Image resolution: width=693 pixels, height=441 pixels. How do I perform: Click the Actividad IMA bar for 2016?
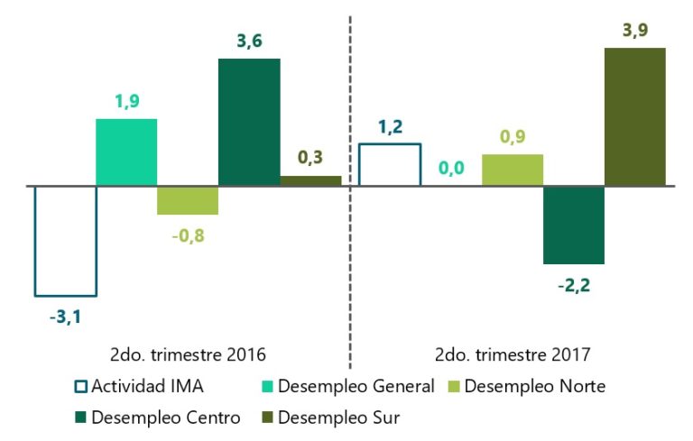coord(65,240)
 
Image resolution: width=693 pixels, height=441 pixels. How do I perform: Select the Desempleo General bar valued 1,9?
coord(126,152)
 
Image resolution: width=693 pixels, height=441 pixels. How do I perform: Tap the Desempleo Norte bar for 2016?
coord(188,200)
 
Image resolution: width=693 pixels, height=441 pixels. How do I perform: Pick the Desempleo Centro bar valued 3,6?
coord(249,123)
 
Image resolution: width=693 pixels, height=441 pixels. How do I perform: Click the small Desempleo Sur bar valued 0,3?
coord(310,181)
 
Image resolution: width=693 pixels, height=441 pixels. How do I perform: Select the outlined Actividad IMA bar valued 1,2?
coord(390,165)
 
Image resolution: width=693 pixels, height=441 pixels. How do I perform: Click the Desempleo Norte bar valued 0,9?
coord(513,170)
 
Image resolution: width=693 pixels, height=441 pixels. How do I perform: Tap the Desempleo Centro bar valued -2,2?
coord(574,225)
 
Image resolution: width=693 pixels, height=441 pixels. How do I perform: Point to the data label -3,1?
coord(65,317)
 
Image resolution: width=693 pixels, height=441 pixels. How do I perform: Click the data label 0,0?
coord(451,168)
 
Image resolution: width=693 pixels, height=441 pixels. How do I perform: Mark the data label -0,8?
coord(188,237)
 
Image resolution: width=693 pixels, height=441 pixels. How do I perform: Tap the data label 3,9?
coord(635,30)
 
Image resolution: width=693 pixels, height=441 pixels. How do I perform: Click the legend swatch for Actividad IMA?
coord(79,387)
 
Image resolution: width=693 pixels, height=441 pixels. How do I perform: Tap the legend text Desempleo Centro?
coord(166,418)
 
